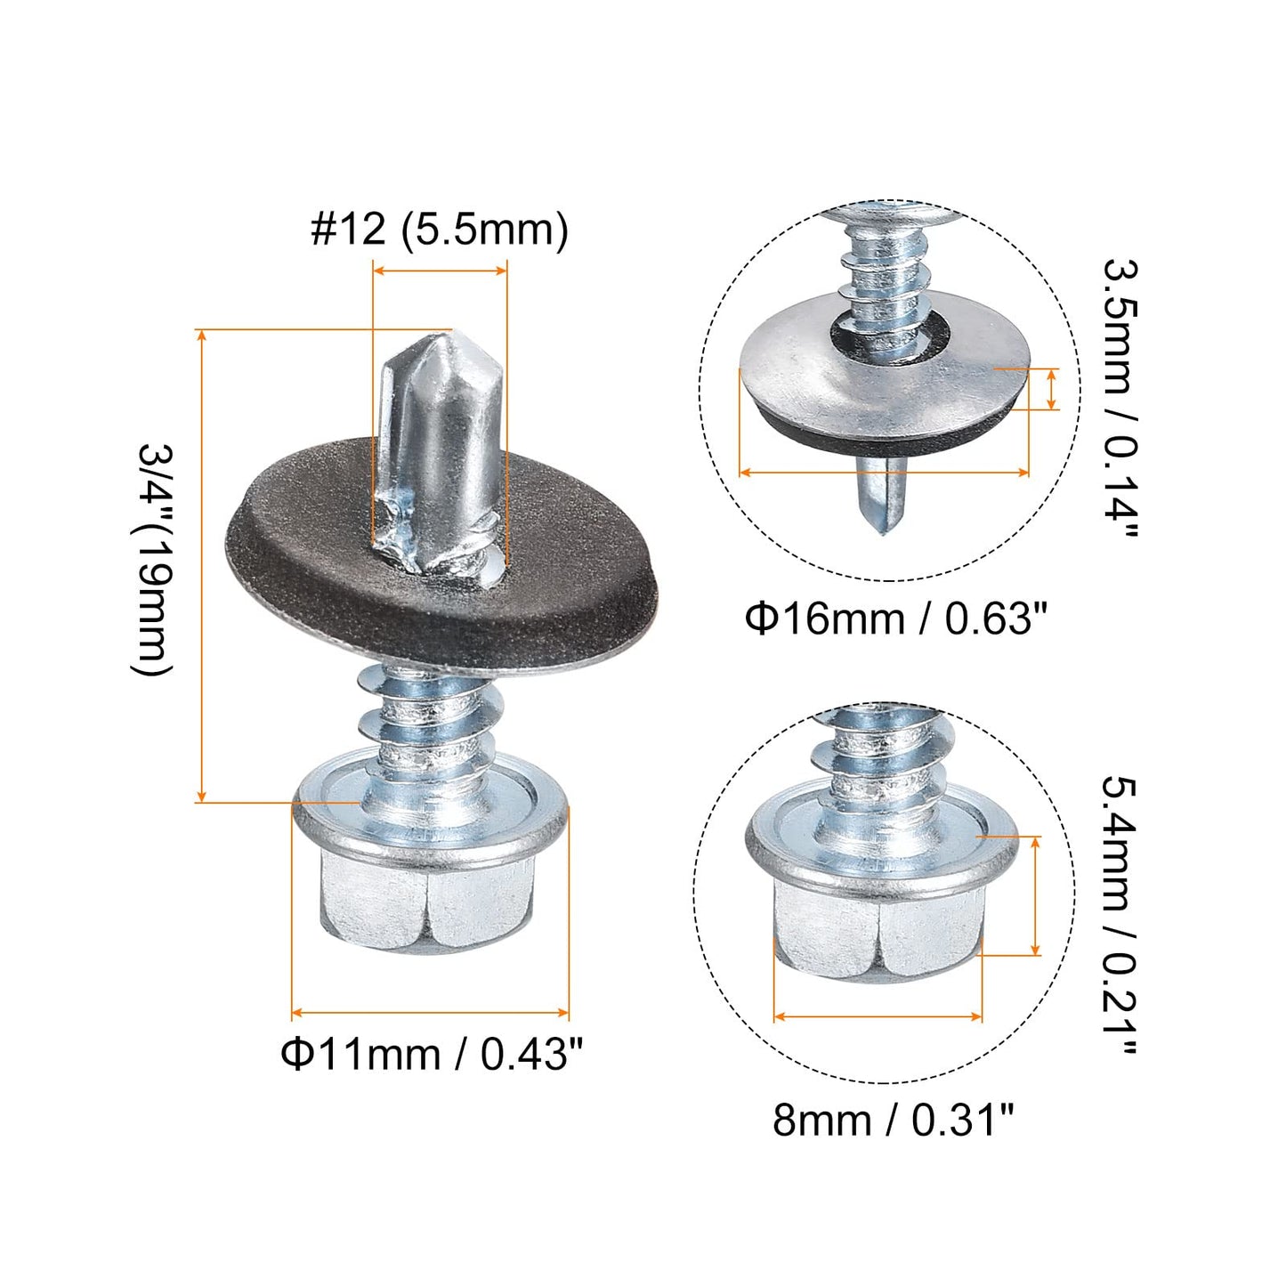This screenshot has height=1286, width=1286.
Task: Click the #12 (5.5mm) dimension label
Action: click(439, 230)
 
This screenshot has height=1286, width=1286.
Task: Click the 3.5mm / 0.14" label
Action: click(1120, 398)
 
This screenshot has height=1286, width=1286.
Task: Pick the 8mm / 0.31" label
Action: click(893, 1120)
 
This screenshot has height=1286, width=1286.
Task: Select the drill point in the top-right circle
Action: click(881, 498)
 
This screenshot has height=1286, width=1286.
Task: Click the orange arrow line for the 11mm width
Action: click(430, 1012)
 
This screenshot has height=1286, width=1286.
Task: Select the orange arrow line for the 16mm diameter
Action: click(884, 473)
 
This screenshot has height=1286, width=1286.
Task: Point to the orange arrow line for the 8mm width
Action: click(878, 1016)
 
